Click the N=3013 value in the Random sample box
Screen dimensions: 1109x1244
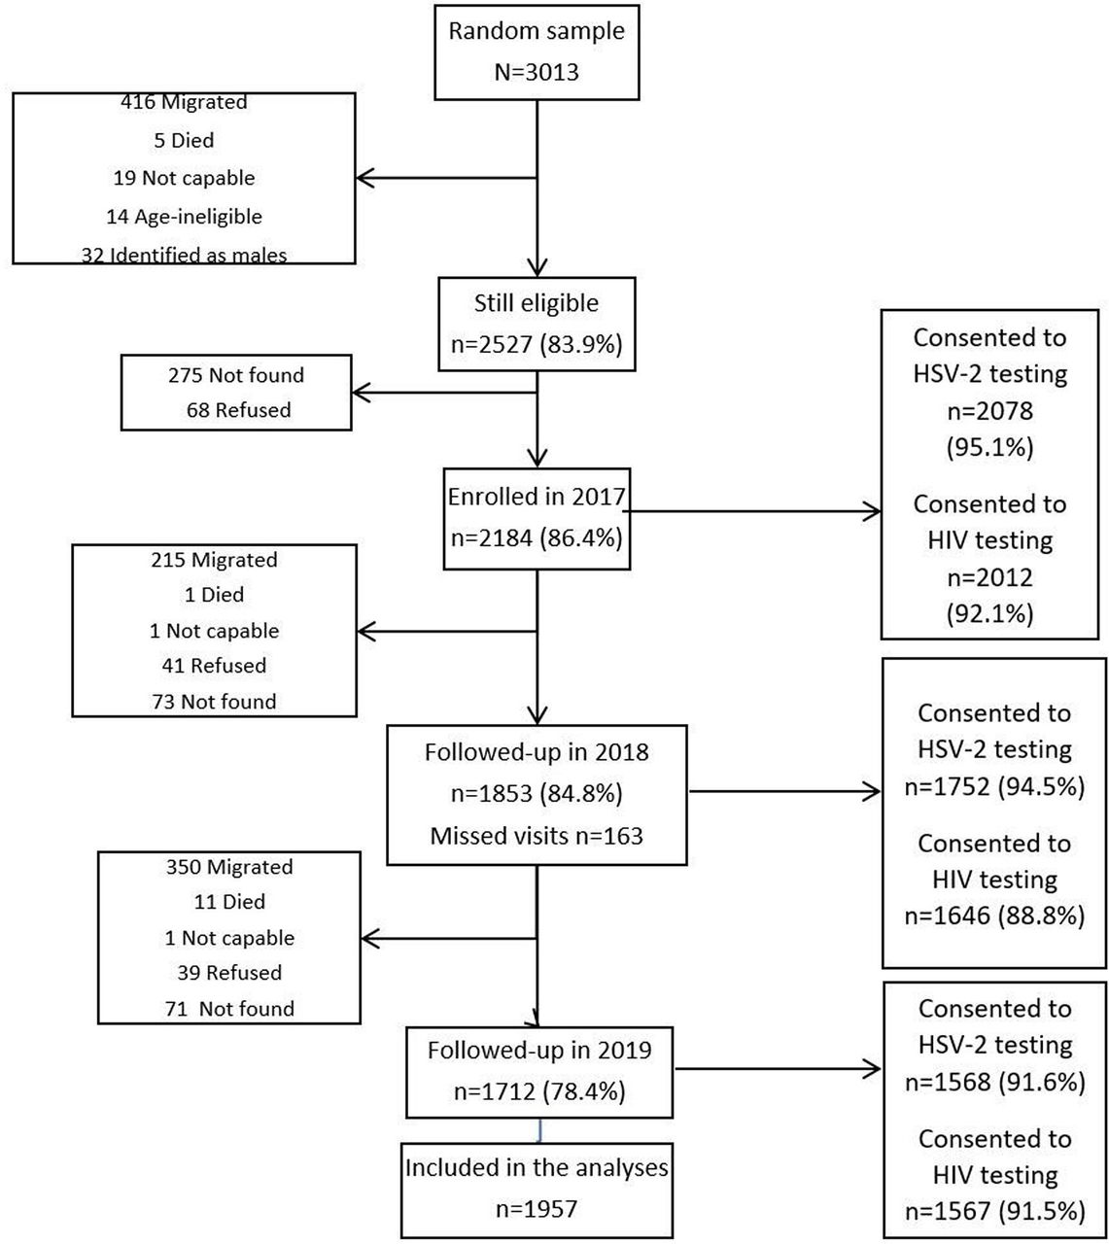click(x=537, y=73)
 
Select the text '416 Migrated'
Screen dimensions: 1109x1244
click(x=184, y=101)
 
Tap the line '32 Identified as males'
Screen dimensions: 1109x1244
click(x=184, y=255)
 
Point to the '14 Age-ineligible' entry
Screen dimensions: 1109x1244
click(x=184, y=216)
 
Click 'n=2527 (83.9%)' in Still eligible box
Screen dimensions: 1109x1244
click(x=537, y=344)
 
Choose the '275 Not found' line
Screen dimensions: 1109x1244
click(x=236, y=374)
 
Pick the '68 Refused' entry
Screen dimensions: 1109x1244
click(x=238, y=409)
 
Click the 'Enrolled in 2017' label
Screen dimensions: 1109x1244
click(x=537, y=496)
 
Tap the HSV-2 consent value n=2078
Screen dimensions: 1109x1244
click(x=989, y=410)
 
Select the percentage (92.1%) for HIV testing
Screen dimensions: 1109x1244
click(x=989, y=613)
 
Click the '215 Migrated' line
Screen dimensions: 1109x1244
click(x=214, y=560)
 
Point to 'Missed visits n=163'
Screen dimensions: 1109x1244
click(x=537, y=836)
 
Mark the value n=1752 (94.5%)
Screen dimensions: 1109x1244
click(x=994, y=786)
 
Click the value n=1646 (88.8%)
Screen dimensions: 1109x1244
click(x=994, y=916)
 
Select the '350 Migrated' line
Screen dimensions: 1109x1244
click(x=229, y=866)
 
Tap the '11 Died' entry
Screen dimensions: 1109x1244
click(x=229, y=901)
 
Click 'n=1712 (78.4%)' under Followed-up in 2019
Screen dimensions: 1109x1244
click(x=539, y=1091)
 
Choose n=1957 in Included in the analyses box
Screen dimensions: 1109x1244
click(x=537, y=1208)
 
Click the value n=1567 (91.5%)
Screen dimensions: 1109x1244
click(x=994, y=1211)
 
